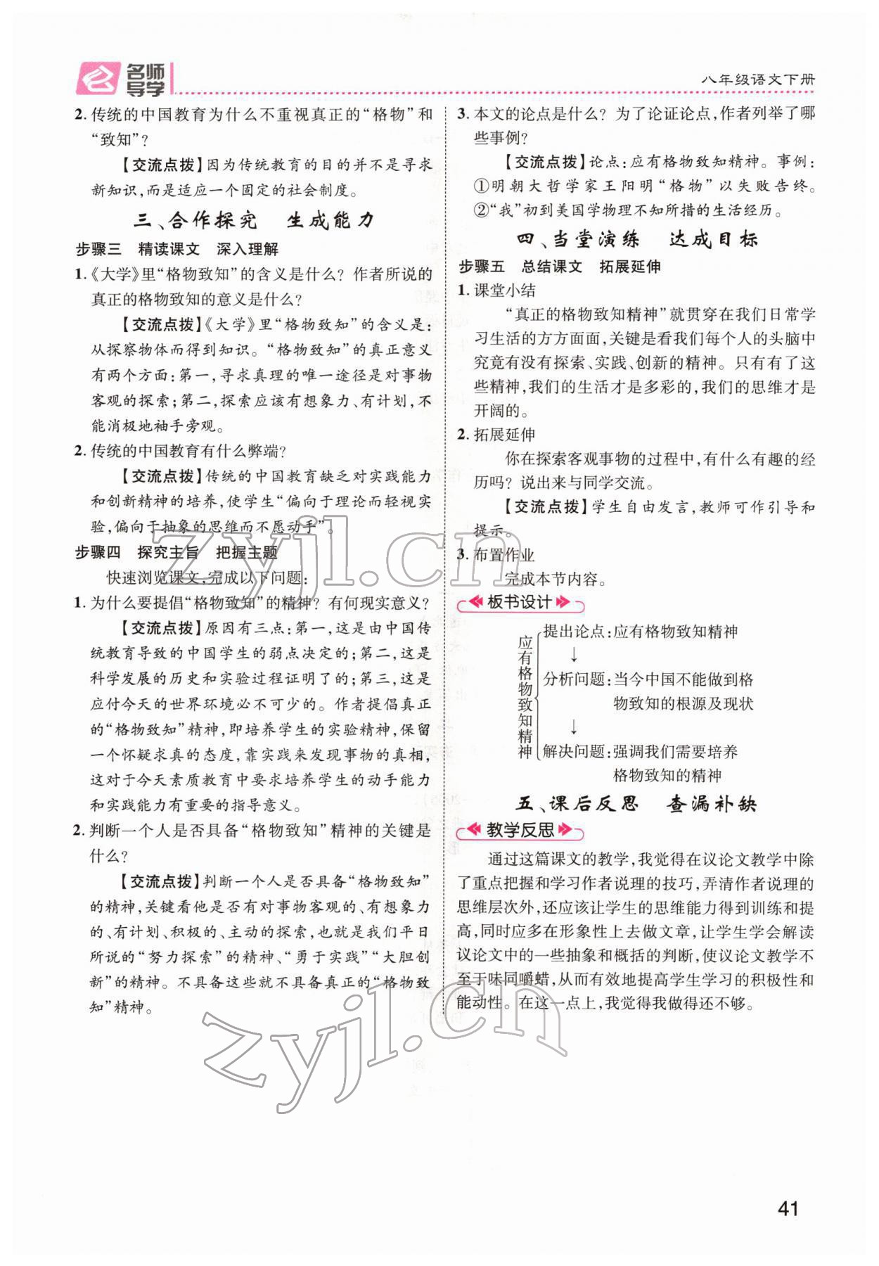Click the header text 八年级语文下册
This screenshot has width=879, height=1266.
click(758, 80)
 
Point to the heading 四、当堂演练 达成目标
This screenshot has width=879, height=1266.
click(637, 239)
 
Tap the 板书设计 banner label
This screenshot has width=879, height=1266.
click(520, 603)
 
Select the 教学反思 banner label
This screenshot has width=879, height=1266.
click(520, 831)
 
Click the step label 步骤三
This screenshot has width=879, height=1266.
click(98, 249)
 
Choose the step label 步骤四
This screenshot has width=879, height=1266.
click(98, 553)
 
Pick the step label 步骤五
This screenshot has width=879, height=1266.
click(482, 267)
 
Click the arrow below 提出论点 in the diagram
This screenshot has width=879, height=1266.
click(574, 655)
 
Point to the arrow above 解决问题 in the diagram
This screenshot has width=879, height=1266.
click(574, 727)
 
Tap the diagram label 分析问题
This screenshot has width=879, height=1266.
click(574, 679)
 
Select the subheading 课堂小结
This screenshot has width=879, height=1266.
click(504, 290)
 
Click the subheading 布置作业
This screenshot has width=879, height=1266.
click(504, 555)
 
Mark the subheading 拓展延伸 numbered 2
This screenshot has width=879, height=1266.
click(504, 435)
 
